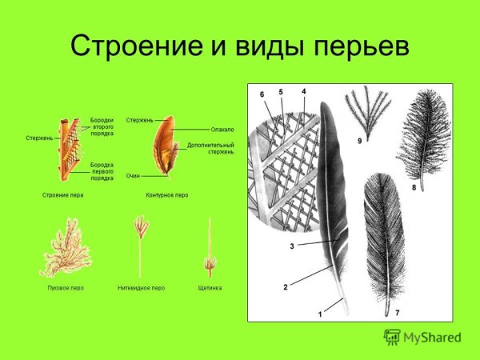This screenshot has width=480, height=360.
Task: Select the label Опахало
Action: pos(222,129)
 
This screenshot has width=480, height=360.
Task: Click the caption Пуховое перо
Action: pos(65,287)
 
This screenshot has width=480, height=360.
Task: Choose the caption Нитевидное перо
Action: pos(141,287)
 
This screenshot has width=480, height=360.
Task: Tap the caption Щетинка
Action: pos(210,287)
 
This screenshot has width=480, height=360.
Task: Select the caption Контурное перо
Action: pos(166,194)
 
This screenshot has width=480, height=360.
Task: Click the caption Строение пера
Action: pos(62,194)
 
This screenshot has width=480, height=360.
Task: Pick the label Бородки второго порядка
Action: pos(102,127)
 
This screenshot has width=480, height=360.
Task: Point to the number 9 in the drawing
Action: pos(360,142)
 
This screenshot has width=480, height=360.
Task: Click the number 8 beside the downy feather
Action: pos(414,187)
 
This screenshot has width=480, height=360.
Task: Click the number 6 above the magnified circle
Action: pos(262,94)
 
